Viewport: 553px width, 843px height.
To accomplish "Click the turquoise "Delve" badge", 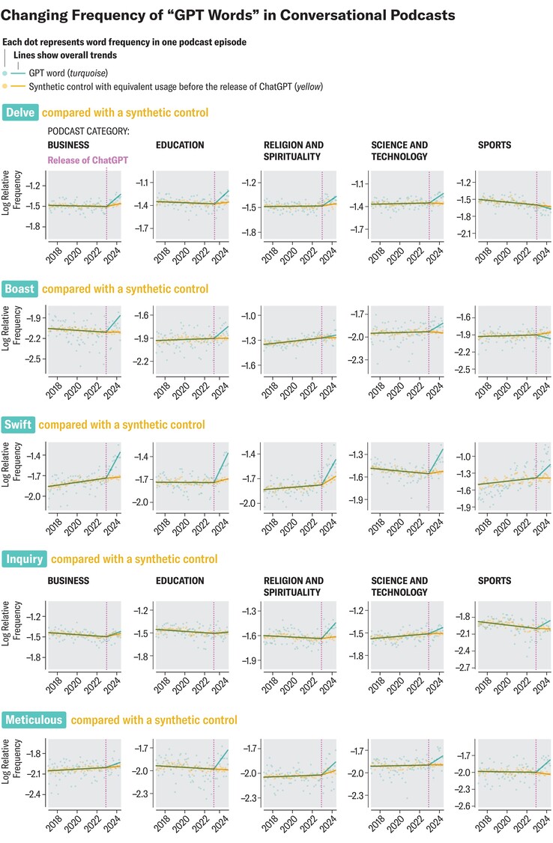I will [20, 113].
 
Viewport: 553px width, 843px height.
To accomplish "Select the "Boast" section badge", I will [21, 289].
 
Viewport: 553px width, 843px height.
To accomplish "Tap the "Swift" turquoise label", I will [19, 424].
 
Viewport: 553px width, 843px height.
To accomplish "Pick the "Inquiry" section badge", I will [25, 559].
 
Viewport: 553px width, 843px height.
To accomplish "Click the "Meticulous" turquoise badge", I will [34, 720].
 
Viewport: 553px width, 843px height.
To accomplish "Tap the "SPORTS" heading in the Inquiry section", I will [494, 580].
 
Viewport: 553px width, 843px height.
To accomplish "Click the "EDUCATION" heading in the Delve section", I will [180, 145].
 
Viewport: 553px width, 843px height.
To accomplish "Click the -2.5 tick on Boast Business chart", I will [34, 359].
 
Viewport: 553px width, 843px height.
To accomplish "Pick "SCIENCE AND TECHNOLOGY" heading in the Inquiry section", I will [399, 586].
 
